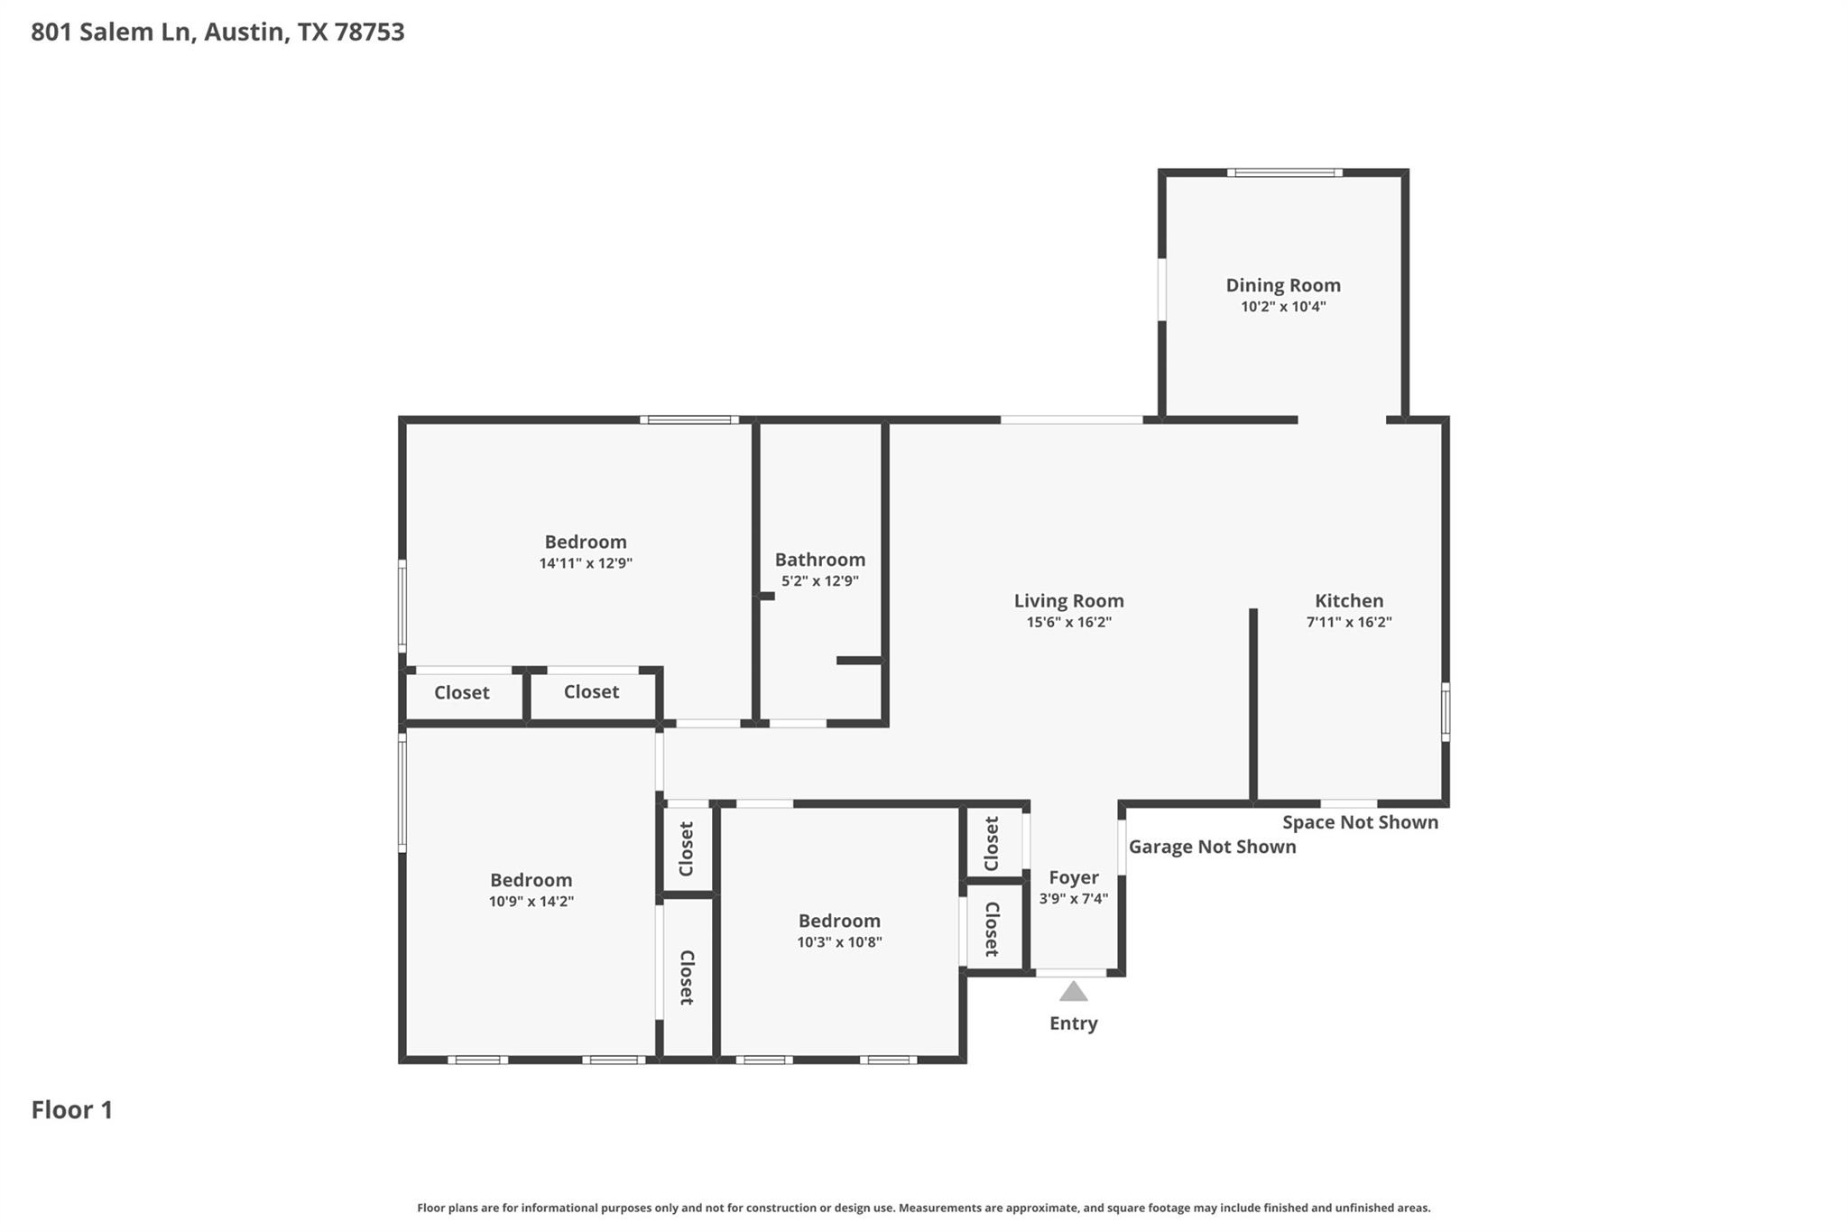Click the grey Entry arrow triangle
coord(1073,992)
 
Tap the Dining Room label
coord(1282,285)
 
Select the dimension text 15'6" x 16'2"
coord(1068,622)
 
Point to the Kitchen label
coord(1348,601)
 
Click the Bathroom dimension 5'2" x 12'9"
coord(819,581)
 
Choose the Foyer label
coord(1073,877)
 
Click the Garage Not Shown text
coord(1212,847)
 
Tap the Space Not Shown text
coord(1360,822)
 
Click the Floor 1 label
coord(72,1109)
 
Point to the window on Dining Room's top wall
coord(1283,172)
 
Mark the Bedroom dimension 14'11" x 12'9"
coord(586,563)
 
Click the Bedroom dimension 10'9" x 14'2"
coord(531,901)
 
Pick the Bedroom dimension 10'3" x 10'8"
coord(838,942)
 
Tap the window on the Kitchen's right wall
coord(1445,712)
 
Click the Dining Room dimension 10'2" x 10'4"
coord(1282,307)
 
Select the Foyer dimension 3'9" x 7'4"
coord(1073,898)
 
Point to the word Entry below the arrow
coord(1073,1023)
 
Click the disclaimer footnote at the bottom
coord(923,1208)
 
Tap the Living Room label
coord(1068,601)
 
